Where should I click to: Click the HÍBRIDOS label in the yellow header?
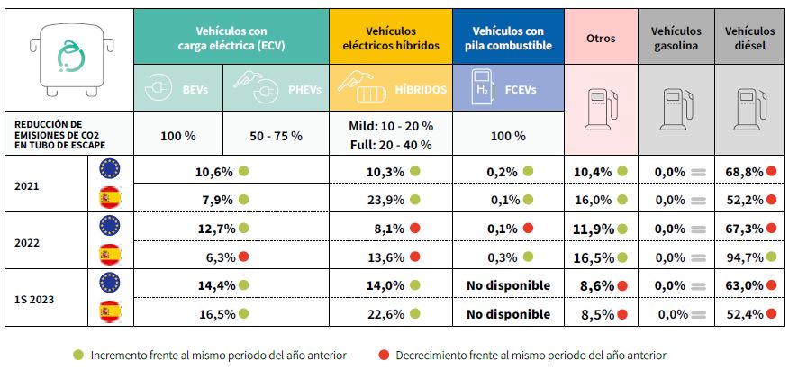pos(420,90)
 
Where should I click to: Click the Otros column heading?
pos(601,39)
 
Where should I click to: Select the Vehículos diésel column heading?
pos(748,39)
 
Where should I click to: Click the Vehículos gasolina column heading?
pos(676,39)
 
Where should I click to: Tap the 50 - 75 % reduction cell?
pos(276,136)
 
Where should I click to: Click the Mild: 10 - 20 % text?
pos(390,126)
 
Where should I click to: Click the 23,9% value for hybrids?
pos(388,200)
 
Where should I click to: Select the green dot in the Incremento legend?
pos(78,355)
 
